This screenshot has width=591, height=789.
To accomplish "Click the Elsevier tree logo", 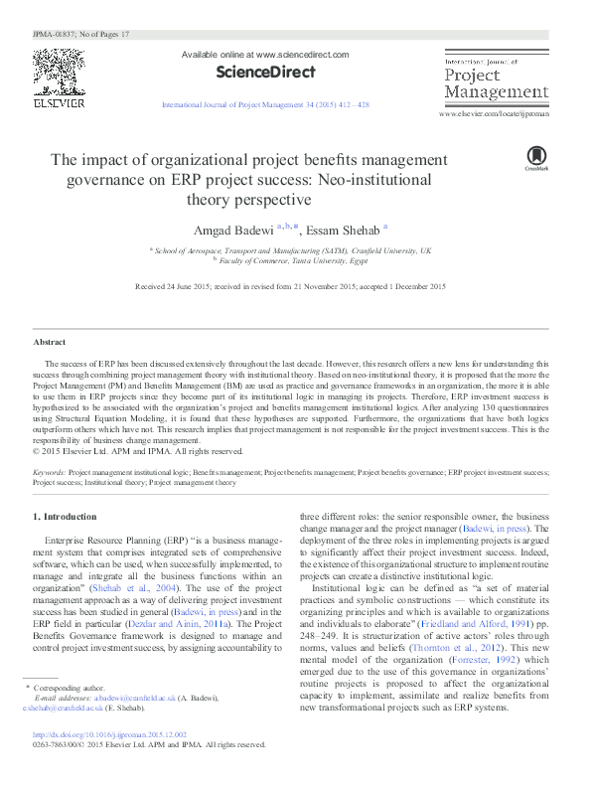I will [59, 71].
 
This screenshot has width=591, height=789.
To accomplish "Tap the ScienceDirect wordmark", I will [265, 72].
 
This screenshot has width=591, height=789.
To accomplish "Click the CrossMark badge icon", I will [536, 156].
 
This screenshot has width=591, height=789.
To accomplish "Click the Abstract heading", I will [50, 342].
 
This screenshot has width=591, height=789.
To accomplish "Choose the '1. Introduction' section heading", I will [65, 517].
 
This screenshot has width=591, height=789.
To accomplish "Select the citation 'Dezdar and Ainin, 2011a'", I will [193, 613].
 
